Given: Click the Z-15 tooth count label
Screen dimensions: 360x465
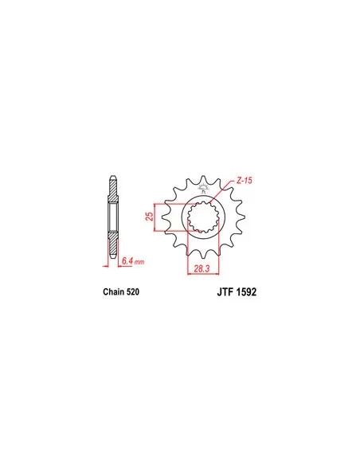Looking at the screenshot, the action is tap(244, 180).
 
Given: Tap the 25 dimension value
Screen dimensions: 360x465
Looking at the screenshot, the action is tap(150, 217).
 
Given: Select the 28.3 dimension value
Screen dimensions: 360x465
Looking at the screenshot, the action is tap(202, 268).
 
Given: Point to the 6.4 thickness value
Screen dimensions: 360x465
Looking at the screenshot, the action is tap(127, 261).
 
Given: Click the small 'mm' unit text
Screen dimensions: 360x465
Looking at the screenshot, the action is tap(139, 262).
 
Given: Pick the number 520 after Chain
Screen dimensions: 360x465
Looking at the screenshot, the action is tap(132, 291).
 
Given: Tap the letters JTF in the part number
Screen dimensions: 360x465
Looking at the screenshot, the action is tap(225, 292).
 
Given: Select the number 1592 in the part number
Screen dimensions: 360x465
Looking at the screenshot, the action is tap(246, 292).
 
